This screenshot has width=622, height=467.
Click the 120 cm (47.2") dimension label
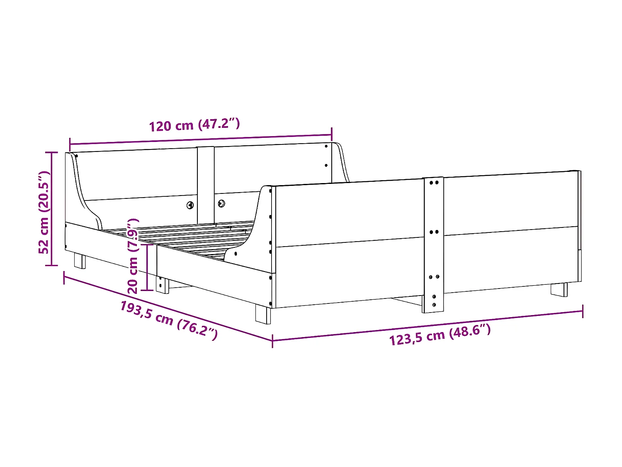pyautogui.click(x=194, y=125)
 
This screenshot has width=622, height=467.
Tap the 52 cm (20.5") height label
pyautogui.click(x=44, y=212)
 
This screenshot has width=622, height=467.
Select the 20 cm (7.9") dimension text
pyautogui.click(x=133, y=256)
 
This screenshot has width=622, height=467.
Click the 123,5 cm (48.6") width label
pyautogui.click(x=440, y=335)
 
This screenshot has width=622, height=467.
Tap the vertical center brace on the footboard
pyautogui.click(x=433, y=245)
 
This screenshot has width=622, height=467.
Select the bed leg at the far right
pyautogui.click(x=559, y=289)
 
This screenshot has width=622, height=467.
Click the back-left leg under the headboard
pyautogui.click(x=80, y=261)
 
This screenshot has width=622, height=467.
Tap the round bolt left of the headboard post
pyautogui.click(x=190, y=205)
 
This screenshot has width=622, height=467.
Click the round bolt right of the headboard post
pyautogui.click(x=221, y=203)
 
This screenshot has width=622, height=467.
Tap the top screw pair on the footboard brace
pyautogui.click(x=434, y=182)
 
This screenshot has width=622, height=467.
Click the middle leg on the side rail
pyautogui.click(x=162, y=285)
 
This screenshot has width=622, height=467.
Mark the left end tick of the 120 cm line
pyautogui.click(x=70, y=144)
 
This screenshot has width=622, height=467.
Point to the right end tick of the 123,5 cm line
pyautogui.click(x=583, y=311)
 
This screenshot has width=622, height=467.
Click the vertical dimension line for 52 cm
pyautogui.click(x=52, y=208)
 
